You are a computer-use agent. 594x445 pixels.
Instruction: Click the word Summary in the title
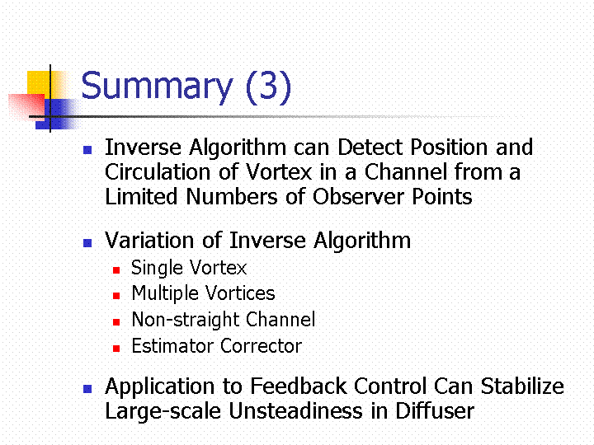tap(157, 87)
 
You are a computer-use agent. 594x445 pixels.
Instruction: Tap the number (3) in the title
tap(269, 87)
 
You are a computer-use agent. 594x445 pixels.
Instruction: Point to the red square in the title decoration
tap(26, 107)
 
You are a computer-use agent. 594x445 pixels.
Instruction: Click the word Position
tap(449, 147)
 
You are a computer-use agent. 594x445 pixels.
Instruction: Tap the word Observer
tap(358, 196)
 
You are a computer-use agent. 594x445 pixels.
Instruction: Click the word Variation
tap(149, 241)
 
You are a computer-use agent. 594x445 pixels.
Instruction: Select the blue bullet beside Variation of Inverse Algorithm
tap(87, 243)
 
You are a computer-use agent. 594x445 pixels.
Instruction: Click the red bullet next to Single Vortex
tap(116, 270)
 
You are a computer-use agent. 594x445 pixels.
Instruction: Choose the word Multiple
tap(165, 294)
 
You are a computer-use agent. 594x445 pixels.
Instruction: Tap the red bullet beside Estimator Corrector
tap(116, 349)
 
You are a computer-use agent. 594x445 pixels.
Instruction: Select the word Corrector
tap(261, 346)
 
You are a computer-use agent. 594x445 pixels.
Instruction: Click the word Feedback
tap(299, 386)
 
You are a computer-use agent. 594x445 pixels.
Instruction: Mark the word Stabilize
tap(522, 386)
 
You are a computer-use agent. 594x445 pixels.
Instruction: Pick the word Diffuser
tap(435, 411)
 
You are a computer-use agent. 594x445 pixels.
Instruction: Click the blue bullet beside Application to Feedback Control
tap(87, 389)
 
